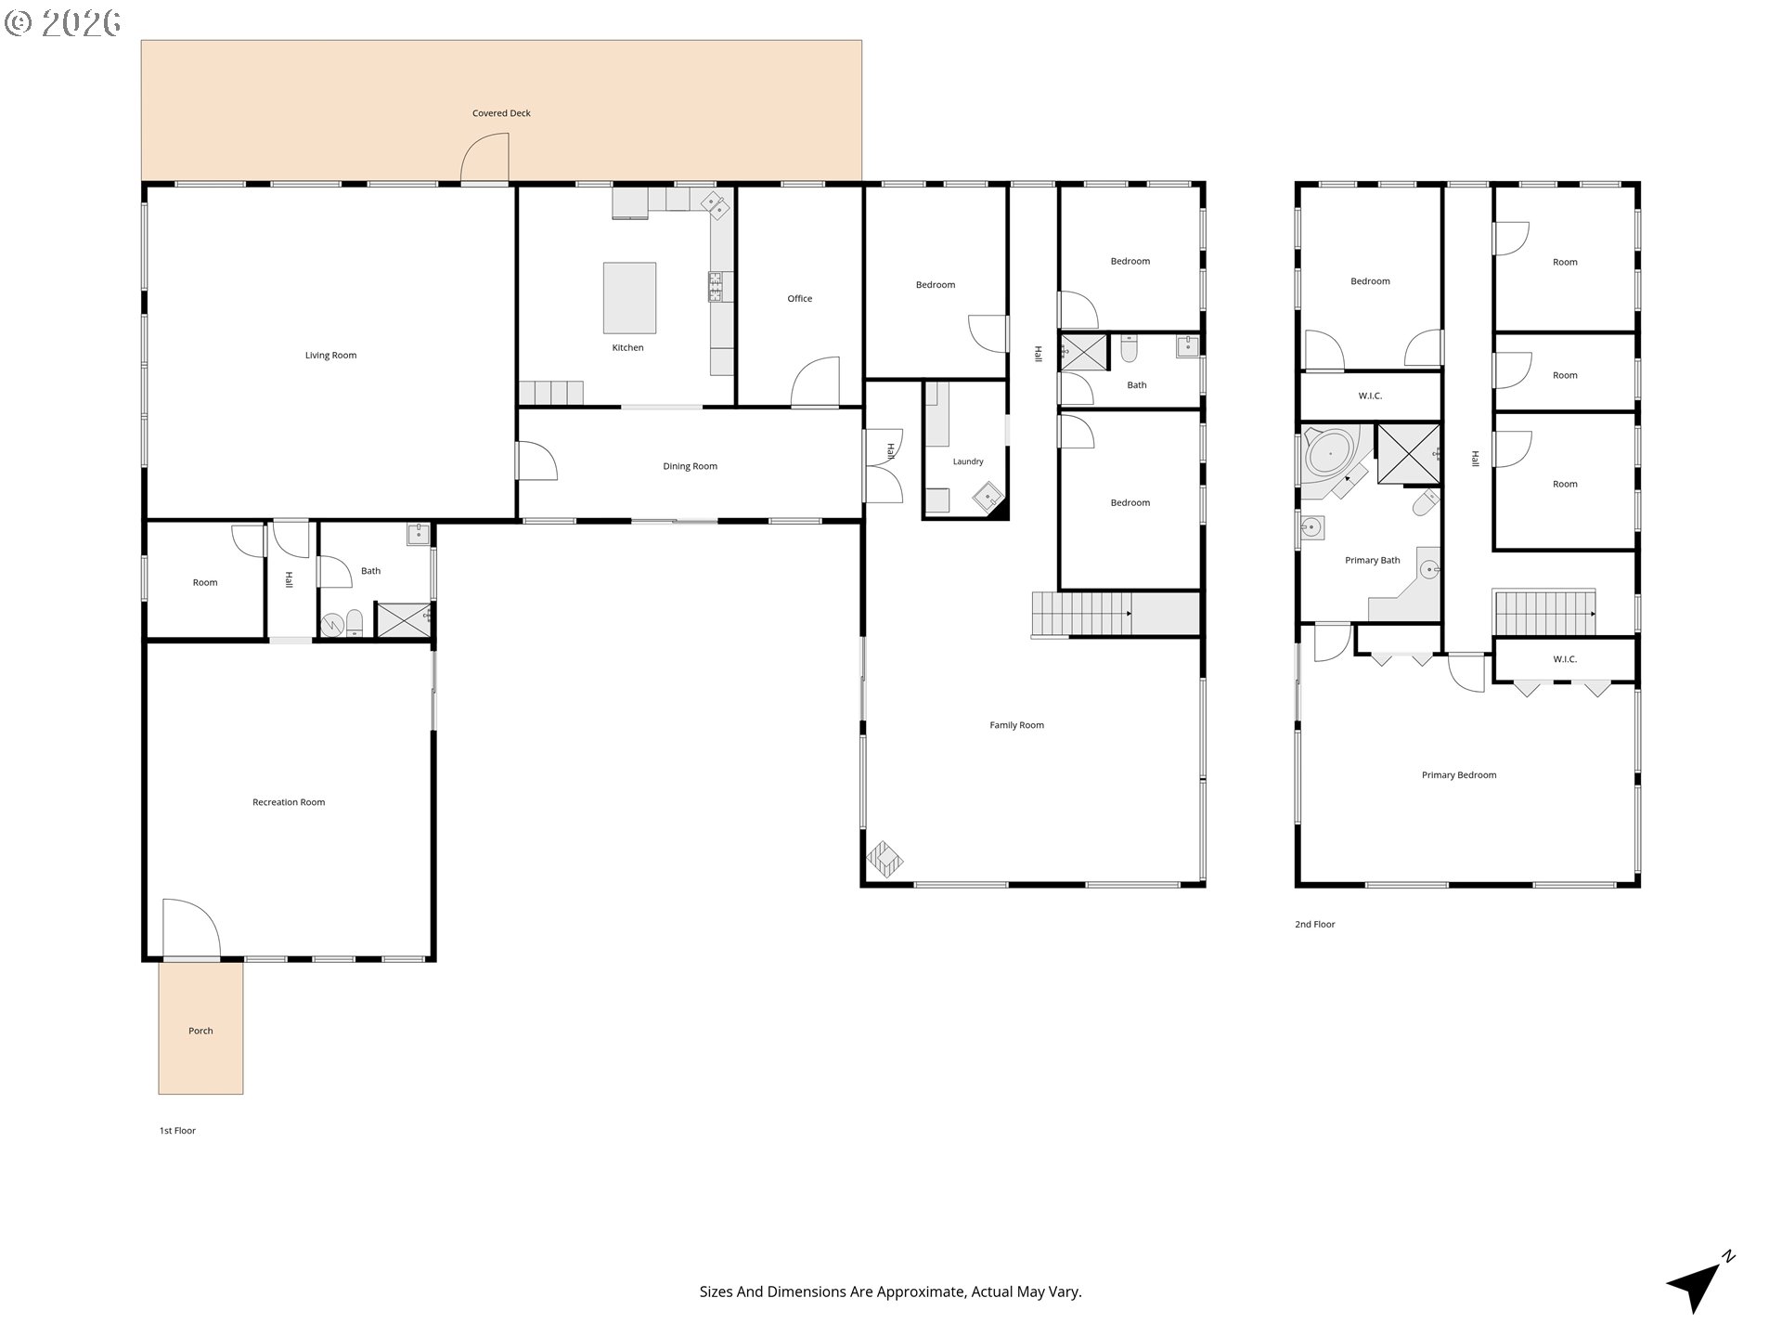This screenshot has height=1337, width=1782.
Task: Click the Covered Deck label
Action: pos(501,113)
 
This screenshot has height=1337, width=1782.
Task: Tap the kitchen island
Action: pos(629,297)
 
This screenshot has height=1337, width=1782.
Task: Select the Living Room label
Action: pos(330,356)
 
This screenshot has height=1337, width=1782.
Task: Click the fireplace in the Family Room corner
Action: pos(885,860)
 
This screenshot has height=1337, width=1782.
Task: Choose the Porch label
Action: pos(200,1031)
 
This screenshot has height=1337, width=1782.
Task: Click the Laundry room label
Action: pos(968,461)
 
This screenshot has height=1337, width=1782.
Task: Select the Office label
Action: pos(800,299)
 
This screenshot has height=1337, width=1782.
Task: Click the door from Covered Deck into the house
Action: pos(485,158)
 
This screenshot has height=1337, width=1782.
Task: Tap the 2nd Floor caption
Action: pos(1315,925)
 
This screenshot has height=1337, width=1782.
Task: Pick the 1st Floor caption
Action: pos(177,1131)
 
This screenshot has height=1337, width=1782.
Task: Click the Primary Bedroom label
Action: pos(1459,775)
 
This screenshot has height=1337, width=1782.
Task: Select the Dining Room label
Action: pos(690,467)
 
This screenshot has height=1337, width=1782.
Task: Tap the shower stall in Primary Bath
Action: pos(1408,455)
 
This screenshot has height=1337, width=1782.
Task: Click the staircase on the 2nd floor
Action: pos(1544,613)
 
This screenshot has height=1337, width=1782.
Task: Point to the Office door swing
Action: pos(815,382)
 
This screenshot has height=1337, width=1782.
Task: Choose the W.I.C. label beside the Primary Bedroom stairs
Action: pos(1565,660)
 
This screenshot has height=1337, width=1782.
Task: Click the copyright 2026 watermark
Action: pos(62,22)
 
